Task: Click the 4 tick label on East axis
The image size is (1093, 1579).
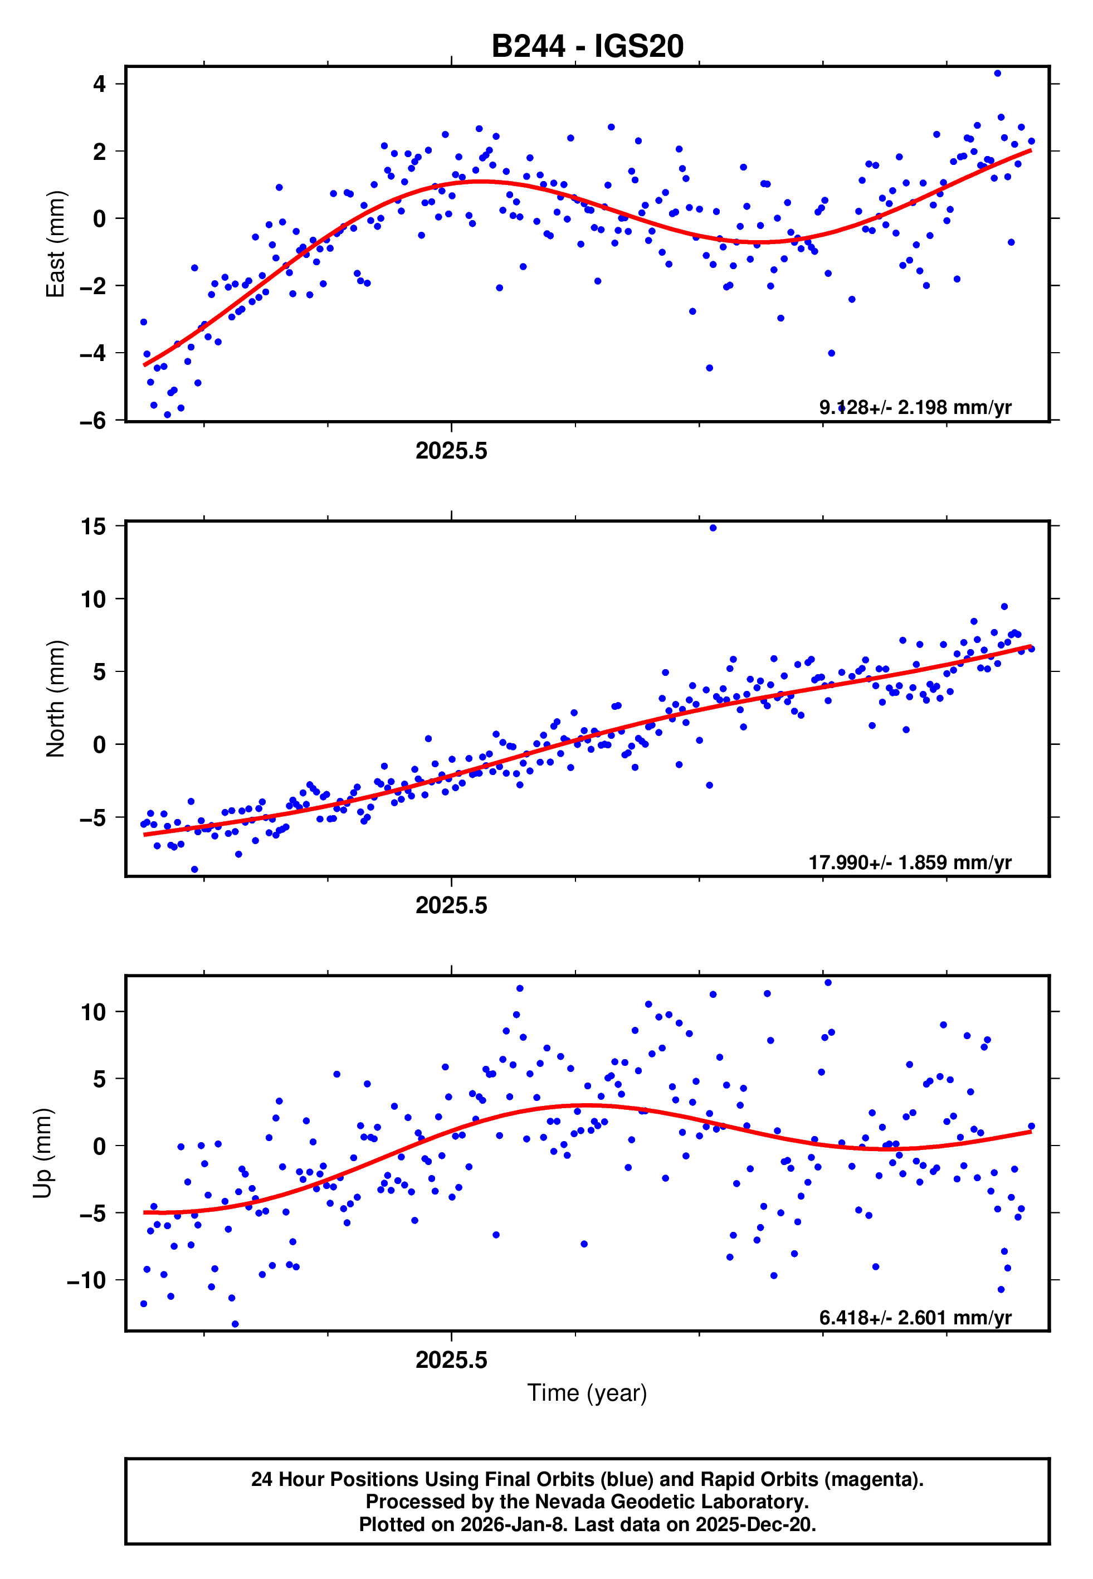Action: pos(100,84)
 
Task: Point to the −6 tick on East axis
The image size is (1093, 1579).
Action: pos(93,421)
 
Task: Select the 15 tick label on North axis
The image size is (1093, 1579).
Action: pos(93,527)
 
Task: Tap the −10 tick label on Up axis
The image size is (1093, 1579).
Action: pos(87,1280)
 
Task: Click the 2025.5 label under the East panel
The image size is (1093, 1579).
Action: pos(451,451)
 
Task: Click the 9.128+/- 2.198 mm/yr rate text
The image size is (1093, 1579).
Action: pos(915,407)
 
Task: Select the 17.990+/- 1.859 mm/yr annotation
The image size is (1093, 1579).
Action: pos(910,862)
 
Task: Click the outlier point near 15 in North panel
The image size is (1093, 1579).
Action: pos(713,528)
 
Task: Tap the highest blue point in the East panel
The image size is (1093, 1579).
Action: pos(997,73)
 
